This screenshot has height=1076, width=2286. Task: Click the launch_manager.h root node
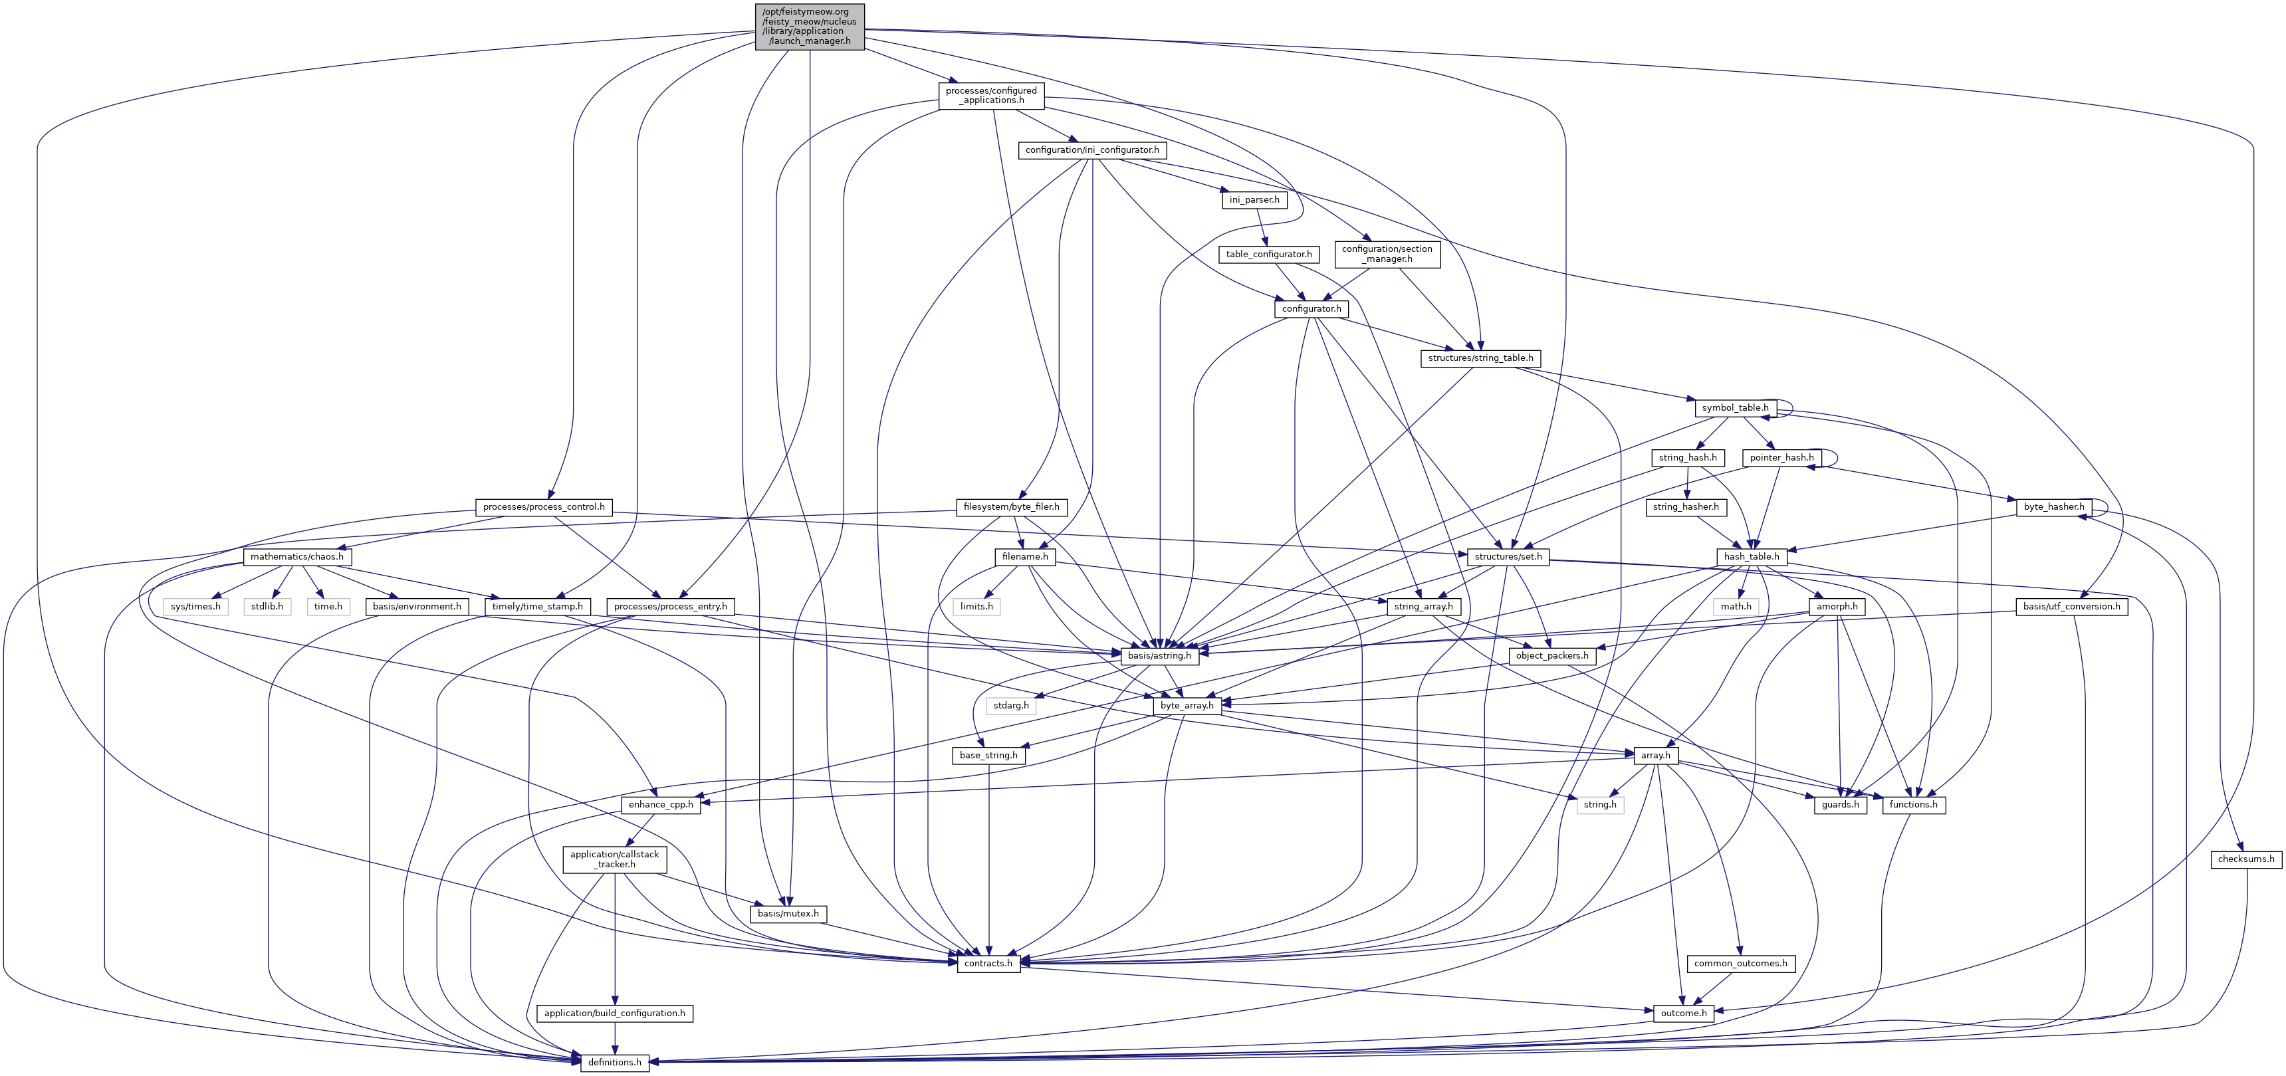tap(810, 27)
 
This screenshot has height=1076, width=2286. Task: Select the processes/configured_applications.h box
tap(990, 95)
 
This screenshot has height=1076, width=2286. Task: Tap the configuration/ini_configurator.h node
tap(1091, 150)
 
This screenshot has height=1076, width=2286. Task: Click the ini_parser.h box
tap(1254, 199)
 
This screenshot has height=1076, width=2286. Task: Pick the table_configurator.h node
tap(1268, 255)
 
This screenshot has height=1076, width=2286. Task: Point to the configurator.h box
tap(1311, 308)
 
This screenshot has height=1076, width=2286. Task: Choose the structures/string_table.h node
tap(1480, 358)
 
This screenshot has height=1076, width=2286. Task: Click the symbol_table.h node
tap(1735, 408)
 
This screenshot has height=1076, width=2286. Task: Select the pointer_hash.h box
tap(1781, 458)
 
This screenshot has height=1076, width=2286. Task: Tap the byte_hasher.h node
tap(2053, 507)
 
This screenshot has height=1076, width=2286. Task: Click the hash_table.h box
tap(1751, 557)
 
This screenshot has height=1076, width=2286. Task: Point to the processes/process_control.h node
tap(543, 507)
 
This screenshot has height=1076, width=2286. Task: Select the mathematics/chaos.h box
tap(296, 557)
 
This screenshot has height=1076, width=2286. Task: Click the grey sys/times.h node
tap(195, 607)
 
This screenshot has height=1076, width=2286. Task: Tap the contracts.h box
tap(988, 963)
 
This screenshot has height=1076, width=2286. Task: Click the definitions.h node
tap(614, 1063)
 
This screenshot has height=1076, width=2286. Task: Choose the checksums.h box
tap(2246, 859)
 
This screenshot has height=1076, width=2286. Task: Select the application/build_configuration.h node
tap(614, 1013)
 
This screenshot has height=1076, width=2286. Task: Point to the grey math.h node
tap(1736, 607)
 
